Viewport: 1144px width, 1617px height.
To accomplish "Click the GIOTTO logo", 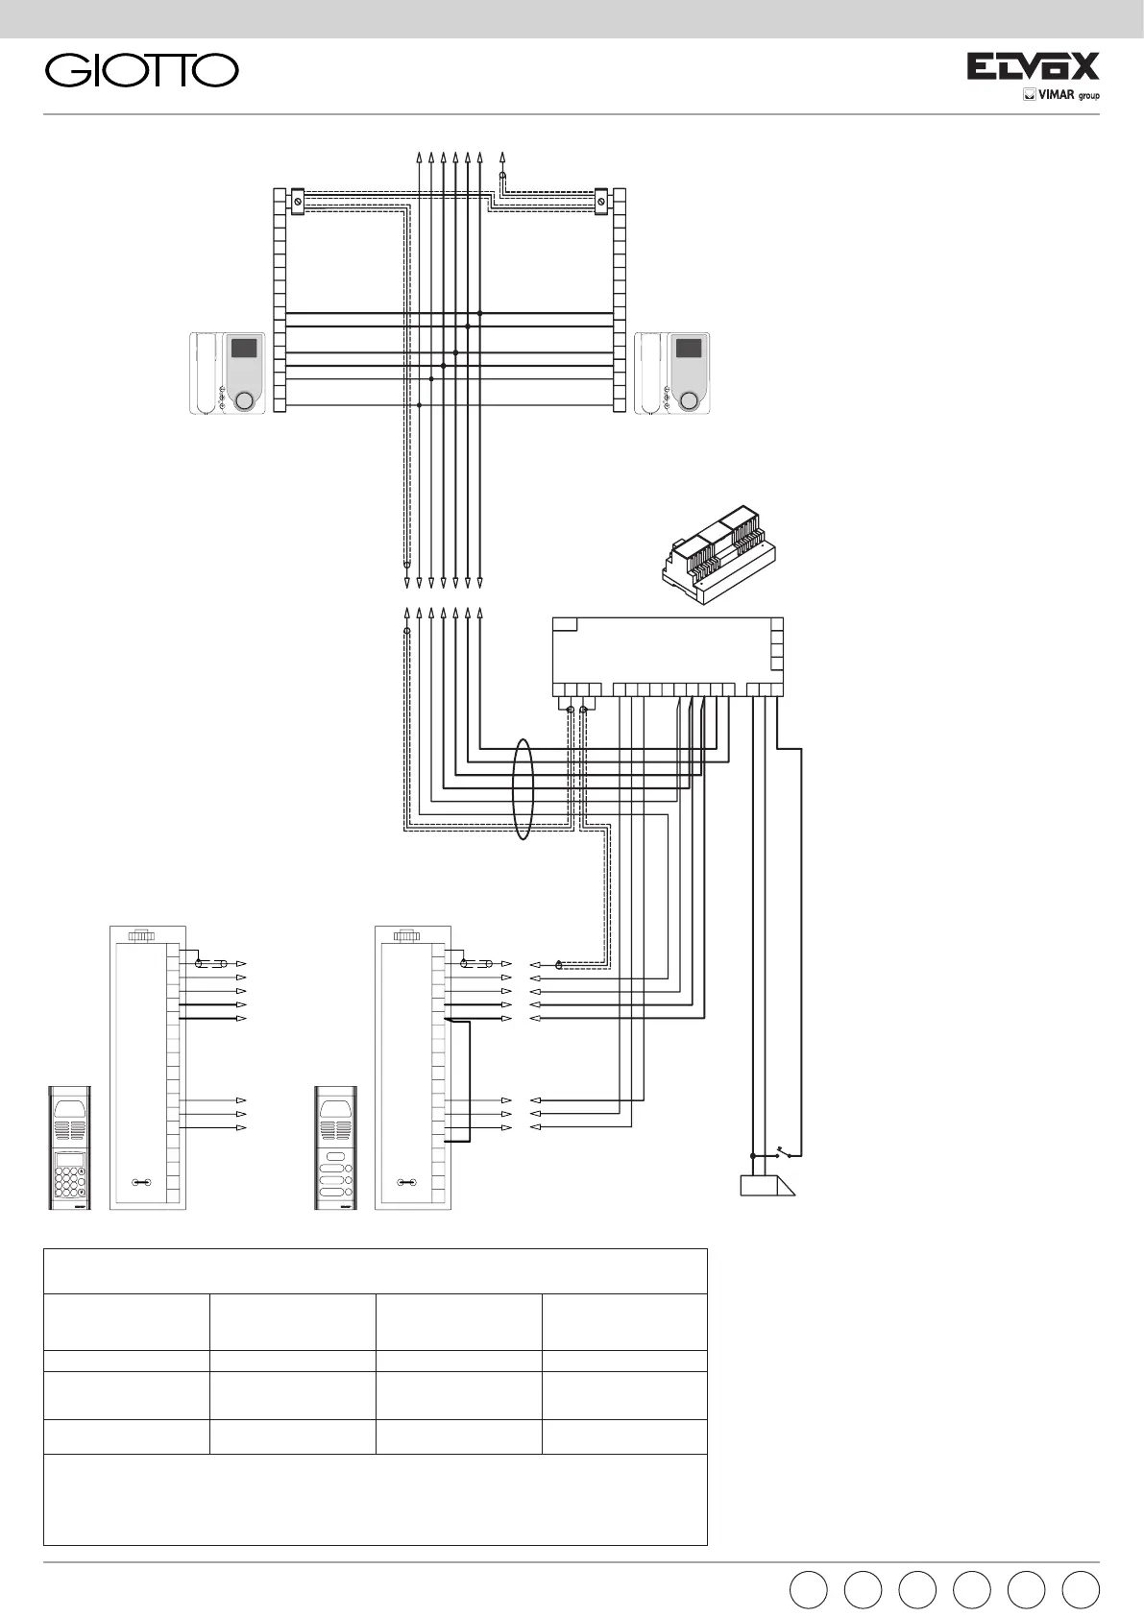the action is pyautogui.click(x=142, y=70).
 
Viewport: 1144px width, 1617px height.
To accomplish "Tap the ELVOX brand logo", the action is pyautogui.click(x=1032, y=66).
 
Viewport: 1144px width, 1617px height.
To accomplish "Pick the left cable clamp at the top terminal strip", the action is pyautogui.click(x=298, y=202).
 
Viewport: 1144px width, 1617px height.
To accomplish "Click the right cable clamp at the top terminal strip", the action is pyautogui.click(x=601, y=202).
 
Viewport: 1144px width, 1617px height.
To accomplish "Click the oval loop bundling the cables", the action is pyautogui.click(x=523, y=788).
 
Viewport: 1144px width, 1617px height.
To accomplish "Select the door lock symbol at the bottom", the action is pyautogui.click(x=767, y=1187).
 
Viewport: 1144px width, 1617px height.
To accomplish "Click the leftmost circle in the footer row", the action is pyautogui.click(x=807, y=1589).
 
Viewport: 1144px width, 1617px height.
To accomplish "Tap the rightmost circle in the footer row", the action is pyautogui.click(x=1081, y=1589).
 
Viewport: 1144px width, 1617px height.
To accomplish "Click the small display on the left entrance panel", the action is pyautogui.click(x=64, y=1161).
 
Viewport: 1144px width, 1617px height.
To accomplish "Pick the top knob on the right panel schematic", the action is pyautogui.click(x=410, y=934).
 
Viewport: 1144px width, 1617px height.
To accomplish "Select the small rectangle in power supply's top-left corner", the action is pyautogui.click(x=565, y=624).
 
